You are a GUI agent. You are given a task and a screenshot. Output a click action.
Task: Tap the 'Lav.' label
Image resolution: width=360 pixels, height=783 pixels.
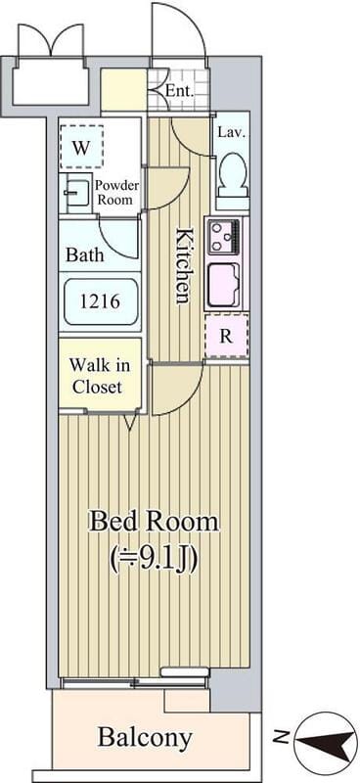click(x=232, y=133)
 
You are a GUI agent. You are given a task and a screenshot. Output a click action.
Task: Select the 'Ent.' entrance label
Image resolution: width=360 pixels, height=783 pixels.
click(x=179, y=91)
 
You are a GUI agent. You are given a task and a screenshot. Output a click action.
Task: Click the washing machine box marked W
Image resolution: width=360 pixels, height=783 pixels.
click(x=81, y=147)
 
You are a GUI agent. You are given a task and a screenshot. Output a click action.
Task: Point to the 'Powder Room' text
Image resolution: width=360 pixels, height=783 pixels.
click(x=116, y=192)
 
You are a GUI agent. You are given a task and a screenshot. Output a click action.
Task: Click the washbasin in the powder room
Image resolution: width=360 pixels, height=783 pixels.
click(x=73, y=193)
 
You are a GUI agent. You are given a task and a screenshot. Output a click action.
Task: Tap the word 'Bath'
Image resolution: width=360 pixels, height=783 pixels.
click(x=85, y=254)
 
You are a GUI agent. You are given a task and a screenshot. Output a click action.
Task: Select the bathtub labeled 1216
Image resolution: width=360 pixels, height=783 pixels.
click(x=100, y=301)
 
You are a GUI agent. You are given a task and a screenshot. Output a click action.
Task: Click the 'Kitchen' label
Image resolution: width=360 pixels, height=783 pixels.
click(x=183, y=265)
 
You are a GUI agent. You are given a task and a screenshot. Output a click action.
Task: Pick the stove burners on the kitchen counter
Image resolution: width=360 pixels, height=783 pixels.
click(x=224, y=237)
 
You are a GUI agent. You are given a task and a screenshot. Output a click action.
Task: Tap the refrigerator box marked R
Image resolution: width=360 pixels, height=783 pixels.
click(x=227, y=336)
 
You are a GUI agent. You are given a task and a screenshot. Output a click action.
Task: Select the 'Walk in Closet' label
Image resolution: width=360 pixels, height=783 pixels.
click(x=100, y=376)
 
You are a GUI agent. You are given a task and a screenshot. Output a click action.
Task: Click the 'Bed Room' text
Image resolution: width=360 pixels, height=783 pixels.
click(x=154, y=523)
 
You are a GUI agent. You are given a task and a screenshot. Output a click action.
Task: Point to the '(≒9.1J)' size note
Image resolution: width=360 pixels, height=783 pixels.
click(x=154, y=559)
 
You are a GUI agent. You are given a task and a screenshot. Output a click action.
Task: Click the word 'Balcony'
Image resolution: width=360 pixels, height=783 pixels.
click(x=145, y=737)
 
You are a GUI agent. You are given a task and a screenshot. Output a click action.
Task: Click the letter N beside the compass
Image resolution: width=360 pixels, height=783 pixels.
click(x=282, y=736)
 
